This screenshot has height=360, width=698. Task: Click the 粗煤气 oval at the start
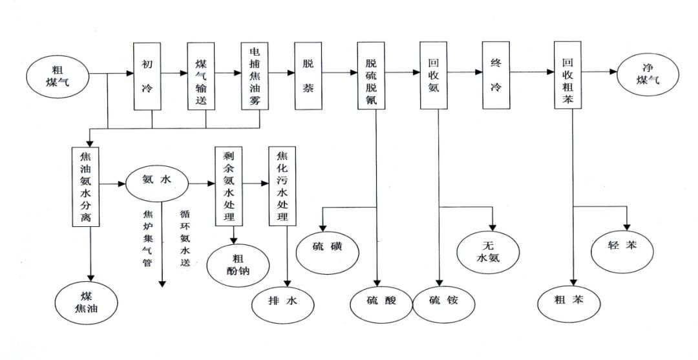tap(57, 75)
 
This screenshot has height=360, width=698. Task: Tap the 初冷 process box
tap(147, 75)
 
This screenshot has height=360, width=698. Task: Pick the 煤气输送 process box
tap(200, 75)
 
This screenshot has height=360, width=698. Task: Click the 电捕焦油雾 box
tap(255, 75)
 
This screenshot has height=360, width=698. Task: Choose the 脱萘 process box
tap(308, 75)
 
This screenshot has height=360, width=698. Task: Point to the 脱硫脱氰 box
tap(371, 75)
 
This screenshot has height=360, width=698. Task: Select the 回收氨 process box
tap(434, 75)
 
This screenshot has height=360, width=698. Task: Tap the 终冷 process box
tap(496, 75)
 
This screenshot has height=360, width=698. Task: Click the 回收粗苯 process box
tap(569, 75)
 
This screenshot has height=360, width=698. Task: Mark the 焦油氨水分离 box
tap(86, 185)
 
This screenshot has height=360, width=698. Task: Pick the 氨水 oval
tap(156, 183)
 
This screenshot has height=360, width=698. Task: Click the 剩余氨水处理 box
tap(228, 185)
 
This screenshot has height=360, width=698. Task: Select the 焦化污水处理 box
tap(282, 185)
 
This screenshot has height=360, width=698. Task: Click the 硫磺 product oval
tap(326, 247)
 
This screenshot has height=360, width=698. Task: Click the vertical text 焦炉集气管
tap(147, 235)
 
